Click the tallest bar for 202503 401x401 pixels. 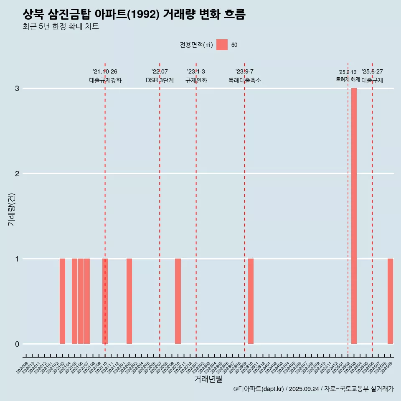point(354,216)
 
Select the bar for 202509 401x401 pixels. point(390,301)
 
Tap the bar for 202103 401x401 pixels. point(62,301)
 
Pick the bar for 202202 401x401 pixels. point(129,301)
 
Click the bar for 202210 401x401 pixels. point(178,301)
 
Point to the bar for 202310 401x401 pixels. point(251,301)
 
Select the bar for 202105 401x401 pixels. point(74,301)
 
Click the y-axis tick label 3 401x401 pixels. point(17,89)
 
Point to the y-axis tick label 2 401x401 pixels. point(17,174)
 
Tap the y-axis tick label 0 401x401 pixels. point(17,344)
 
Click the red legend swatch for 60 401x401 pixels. point(222,45)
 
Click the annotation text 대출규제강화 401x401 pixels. point(105,80)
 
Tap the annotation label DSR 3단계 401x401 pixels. point(160,80)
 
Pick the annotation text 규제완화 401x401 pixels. point(196,80)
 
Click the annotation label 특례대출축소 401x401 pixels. point(245,80)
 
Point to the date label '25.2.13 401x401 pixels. point(348,72)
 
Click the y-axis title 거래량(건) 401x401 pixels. point(11,209)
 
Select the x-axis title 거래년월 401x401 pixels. point(208,379)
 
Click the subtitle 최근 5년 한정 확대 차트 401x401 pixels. point(61,27)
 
